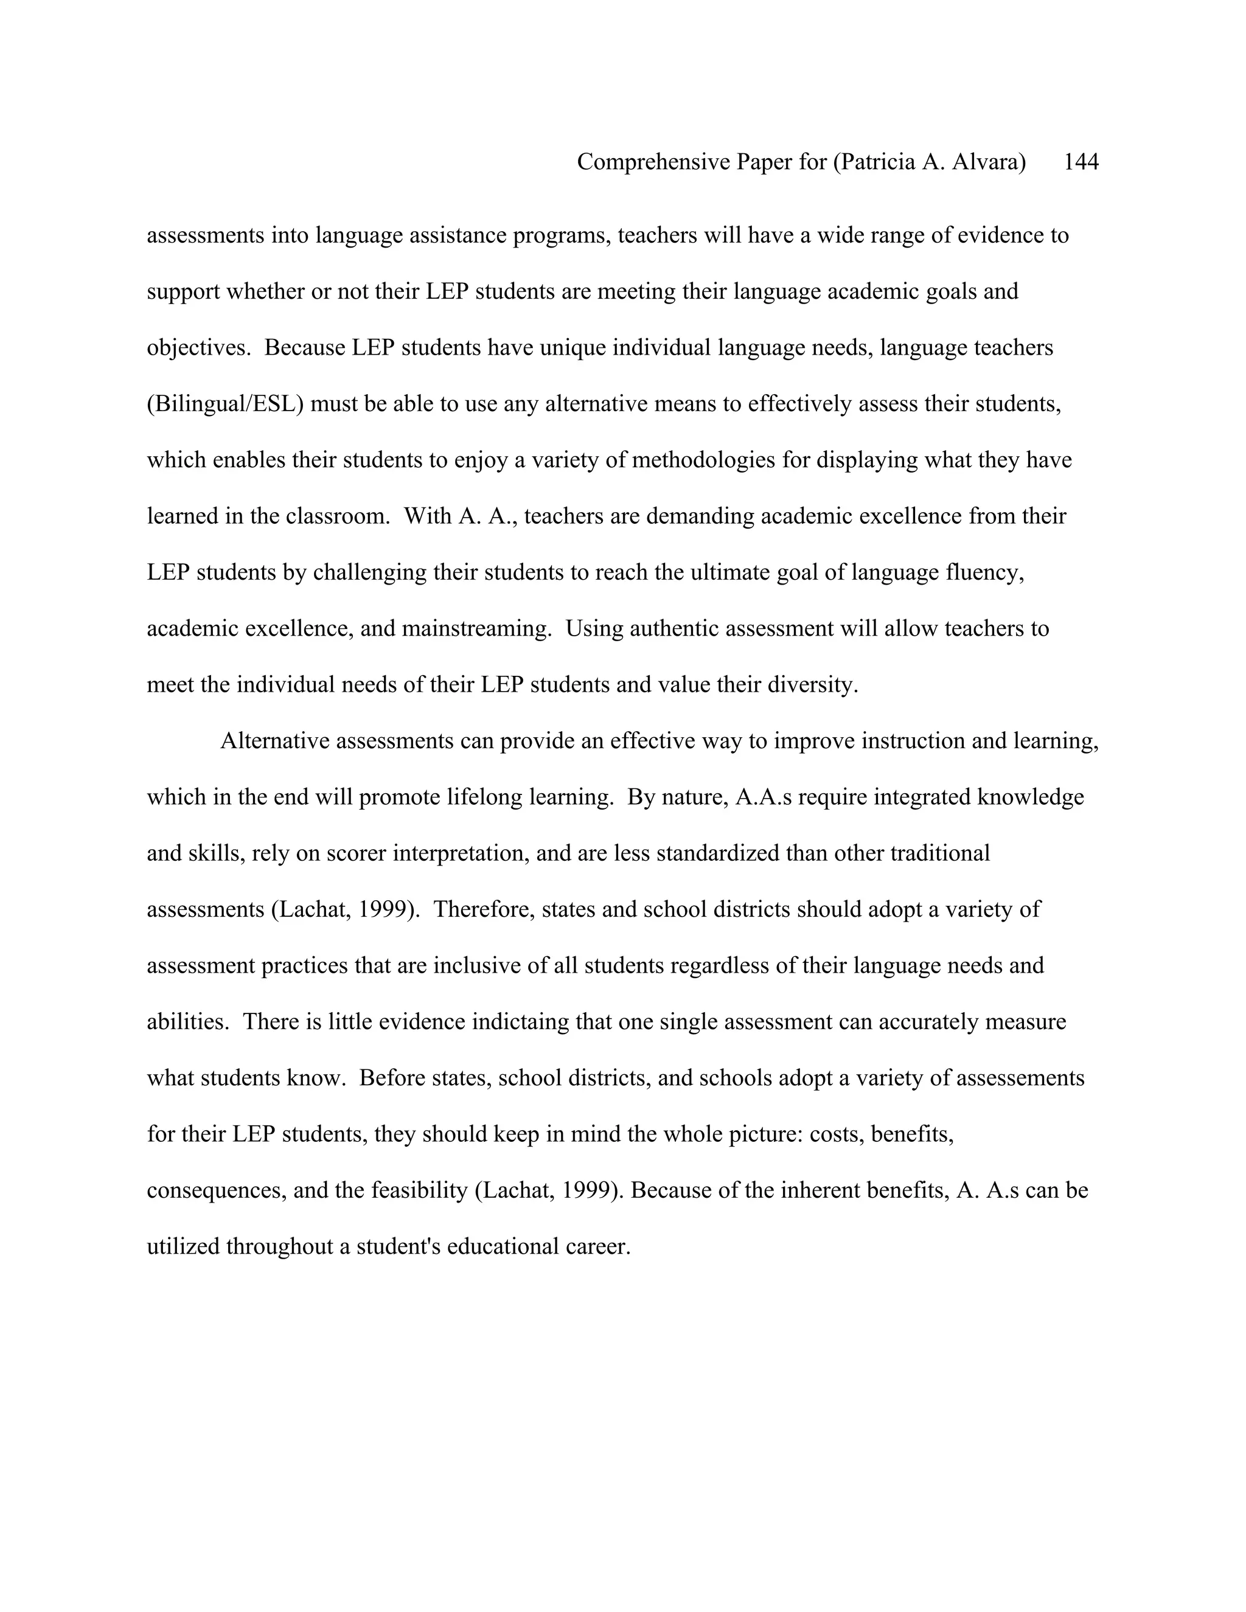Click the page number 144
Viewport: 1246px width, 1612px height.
coord(1081,162)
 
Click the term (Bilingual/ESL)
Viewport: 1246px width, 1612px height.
coord(225,404)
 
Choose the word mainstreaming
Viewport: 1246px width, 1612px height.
coord(476,628)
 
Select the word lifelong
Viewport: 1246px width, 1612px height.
coord(487,797)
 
